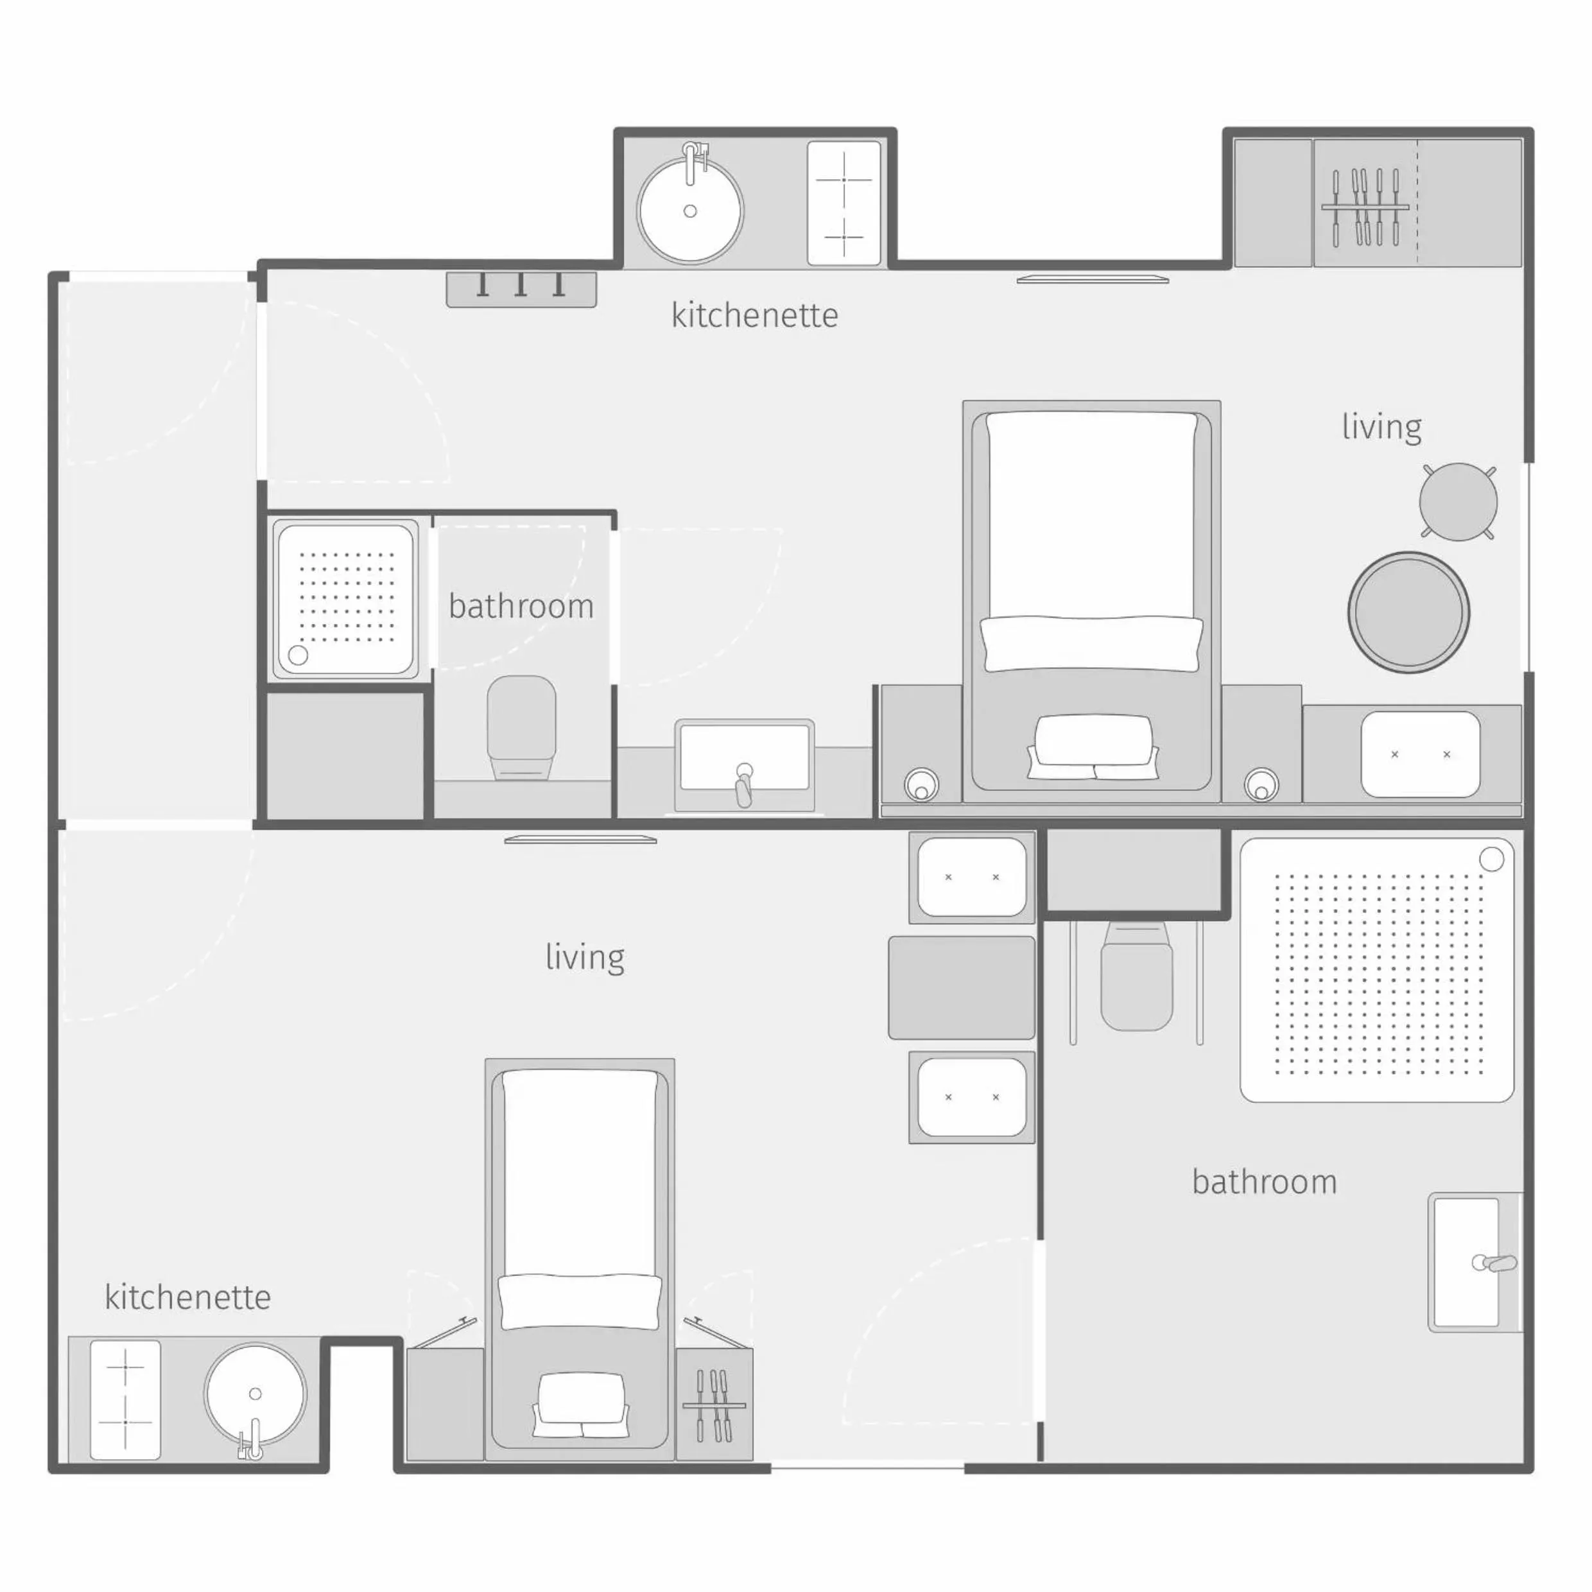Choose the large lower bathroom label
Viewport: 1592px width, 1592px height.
[1264, 1182]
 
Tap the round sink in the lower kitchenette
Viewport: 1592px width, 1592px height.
[255, 1394]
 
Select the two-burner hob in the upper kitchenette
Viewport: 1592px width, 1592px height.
[844, 203]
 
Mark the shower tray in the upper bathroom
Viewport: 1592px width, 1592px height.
[345, 599]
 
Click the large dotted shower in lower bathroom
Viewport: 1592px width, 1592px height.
[1376, 970]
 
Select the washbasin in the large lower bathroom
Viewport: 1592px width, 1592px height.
[1467, 1261]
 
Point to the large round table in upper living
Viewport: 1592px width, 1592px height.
[1408, 612]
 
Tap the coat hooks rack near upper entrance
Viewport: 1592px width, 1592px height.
[521, 288]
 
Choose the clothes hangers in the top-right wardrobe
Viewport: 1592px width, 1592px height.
[1365, 207]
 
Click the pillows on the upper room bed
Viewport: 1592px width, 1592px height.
[1092, 746]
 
